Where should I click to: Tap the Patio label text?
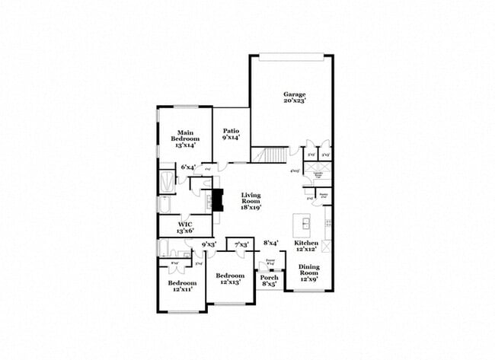(x=231, y=131)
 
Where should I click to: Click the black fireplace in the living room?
(x=219, y=200)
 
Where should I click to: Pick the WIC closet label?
(x=185, y=225)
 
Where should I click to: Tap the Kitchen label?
(x=306, y=242)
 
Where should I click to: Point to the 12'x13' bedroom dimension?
(x=229, y=282)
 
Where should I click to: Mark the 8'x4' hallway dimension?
(x=271, y=244)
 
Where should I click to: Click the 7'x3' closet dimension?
(x=243, y=244)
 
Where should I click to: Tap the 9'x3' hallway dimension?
(x=209, y=244)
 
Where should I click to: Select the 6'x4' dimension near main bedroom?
(x=188, y=167)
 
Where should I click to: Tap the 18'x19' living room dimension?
(x=251, y=206)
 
